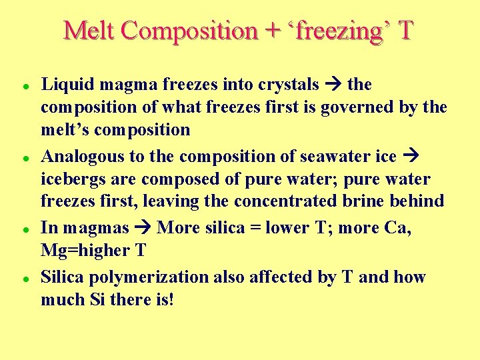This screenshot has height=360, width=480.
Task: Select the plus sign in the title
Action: pyautogui.click(x=271, y=31)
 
